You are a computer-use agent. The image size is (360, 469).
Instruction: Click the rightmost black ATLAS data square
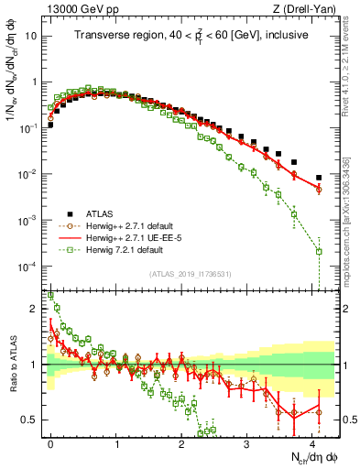coord(319,178)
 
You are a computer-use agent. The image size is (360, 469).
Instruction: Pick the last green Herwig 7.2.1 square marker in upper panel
coord(319,251)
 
